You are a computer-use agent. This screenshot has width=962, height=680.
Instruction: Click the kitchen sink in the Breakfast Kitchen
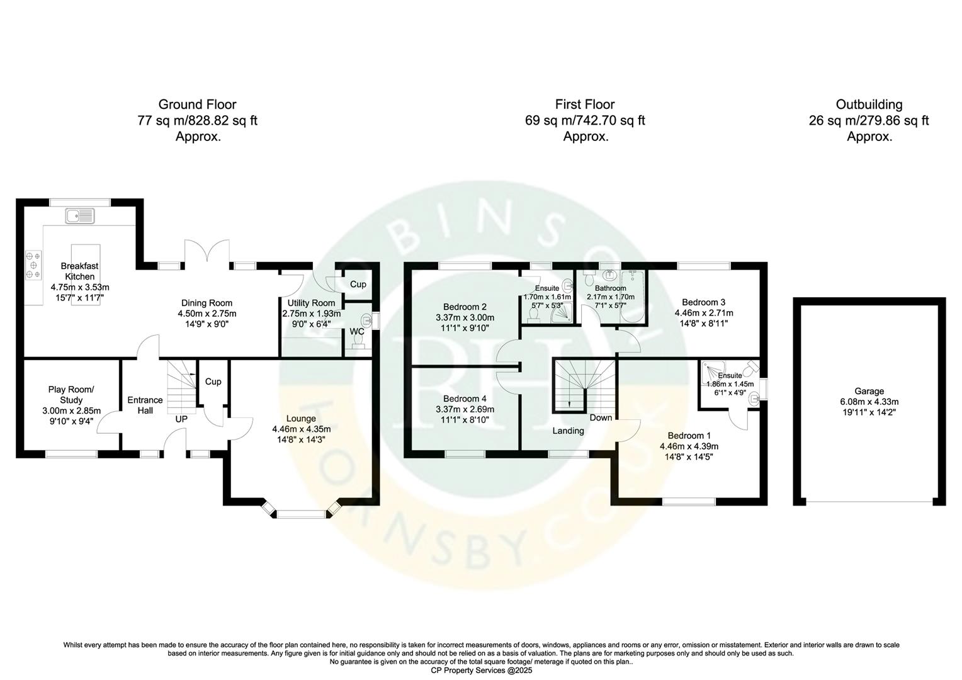[79, 217]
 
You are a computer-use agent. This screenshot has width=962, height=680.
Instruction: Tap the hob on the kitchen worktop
[33, 265]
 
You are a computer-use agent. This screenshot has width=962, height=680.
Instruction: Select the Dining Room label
[207, 303]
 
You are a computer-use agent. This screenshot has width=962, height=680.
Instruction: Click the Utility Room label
[311, 303]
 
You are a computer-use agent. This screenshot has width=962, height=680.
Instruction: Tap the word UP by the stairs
[181, 419]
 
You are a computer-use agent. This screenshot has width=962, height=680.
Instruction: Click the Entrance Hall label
[145, 405]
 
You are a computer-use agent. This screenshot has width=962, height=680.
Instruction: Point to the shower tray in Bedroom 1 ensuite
[713, 368]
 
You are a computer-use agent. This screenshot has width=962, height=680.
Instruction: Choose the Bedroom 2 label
[465, 307]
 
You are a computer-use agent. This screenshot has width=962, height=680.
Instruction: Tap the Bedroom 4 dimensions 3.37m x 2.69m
[465, 409]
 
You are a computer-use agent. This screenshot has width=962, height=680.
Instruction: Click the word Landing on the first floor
[568, 431]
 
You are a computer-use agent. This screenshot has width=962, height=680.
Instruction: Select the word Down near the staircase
[601, 417]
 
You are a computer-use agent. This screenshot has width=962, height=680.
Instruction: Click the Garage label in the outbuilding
[869, 391]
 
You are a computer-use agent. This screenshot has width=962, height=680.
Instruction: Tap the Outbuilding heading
[869, 105]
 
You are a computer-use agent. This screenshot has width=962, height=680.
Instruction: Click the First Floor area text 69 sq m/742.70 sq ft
[584, 120]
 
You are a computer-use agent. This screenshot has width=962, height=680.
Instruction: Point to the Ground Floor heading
[197, 105]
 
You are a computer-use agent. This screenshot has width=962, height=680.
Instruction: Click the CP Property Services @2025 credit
[481, 671]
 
